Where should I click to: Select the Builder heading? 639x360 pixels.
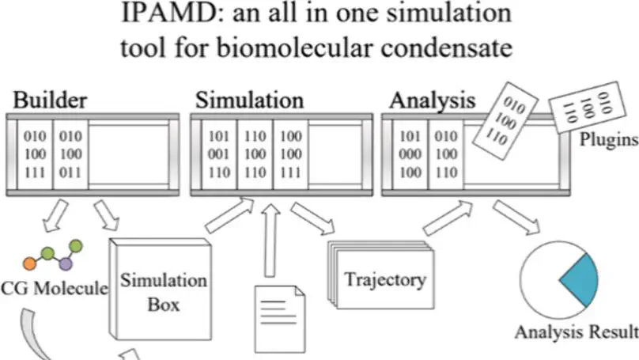tap(48, 100)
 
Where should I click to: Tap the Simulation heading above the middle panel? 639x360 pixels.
tap(249, 100)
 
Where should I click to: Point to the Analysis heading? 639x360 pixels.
tap(432, 100)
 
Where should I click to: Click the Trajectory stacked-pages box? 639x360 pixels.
tap(383, 278)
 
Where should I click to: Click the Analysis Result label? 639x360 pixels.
tap(576, 331)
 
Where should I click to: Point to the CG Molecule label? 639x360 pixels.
tap(54, 288)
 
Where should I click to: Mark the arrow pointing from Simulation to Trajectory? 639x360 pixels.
tap(312, 219)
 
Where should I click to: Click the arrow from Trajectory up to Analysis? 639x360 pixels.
tap(446, 218)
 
